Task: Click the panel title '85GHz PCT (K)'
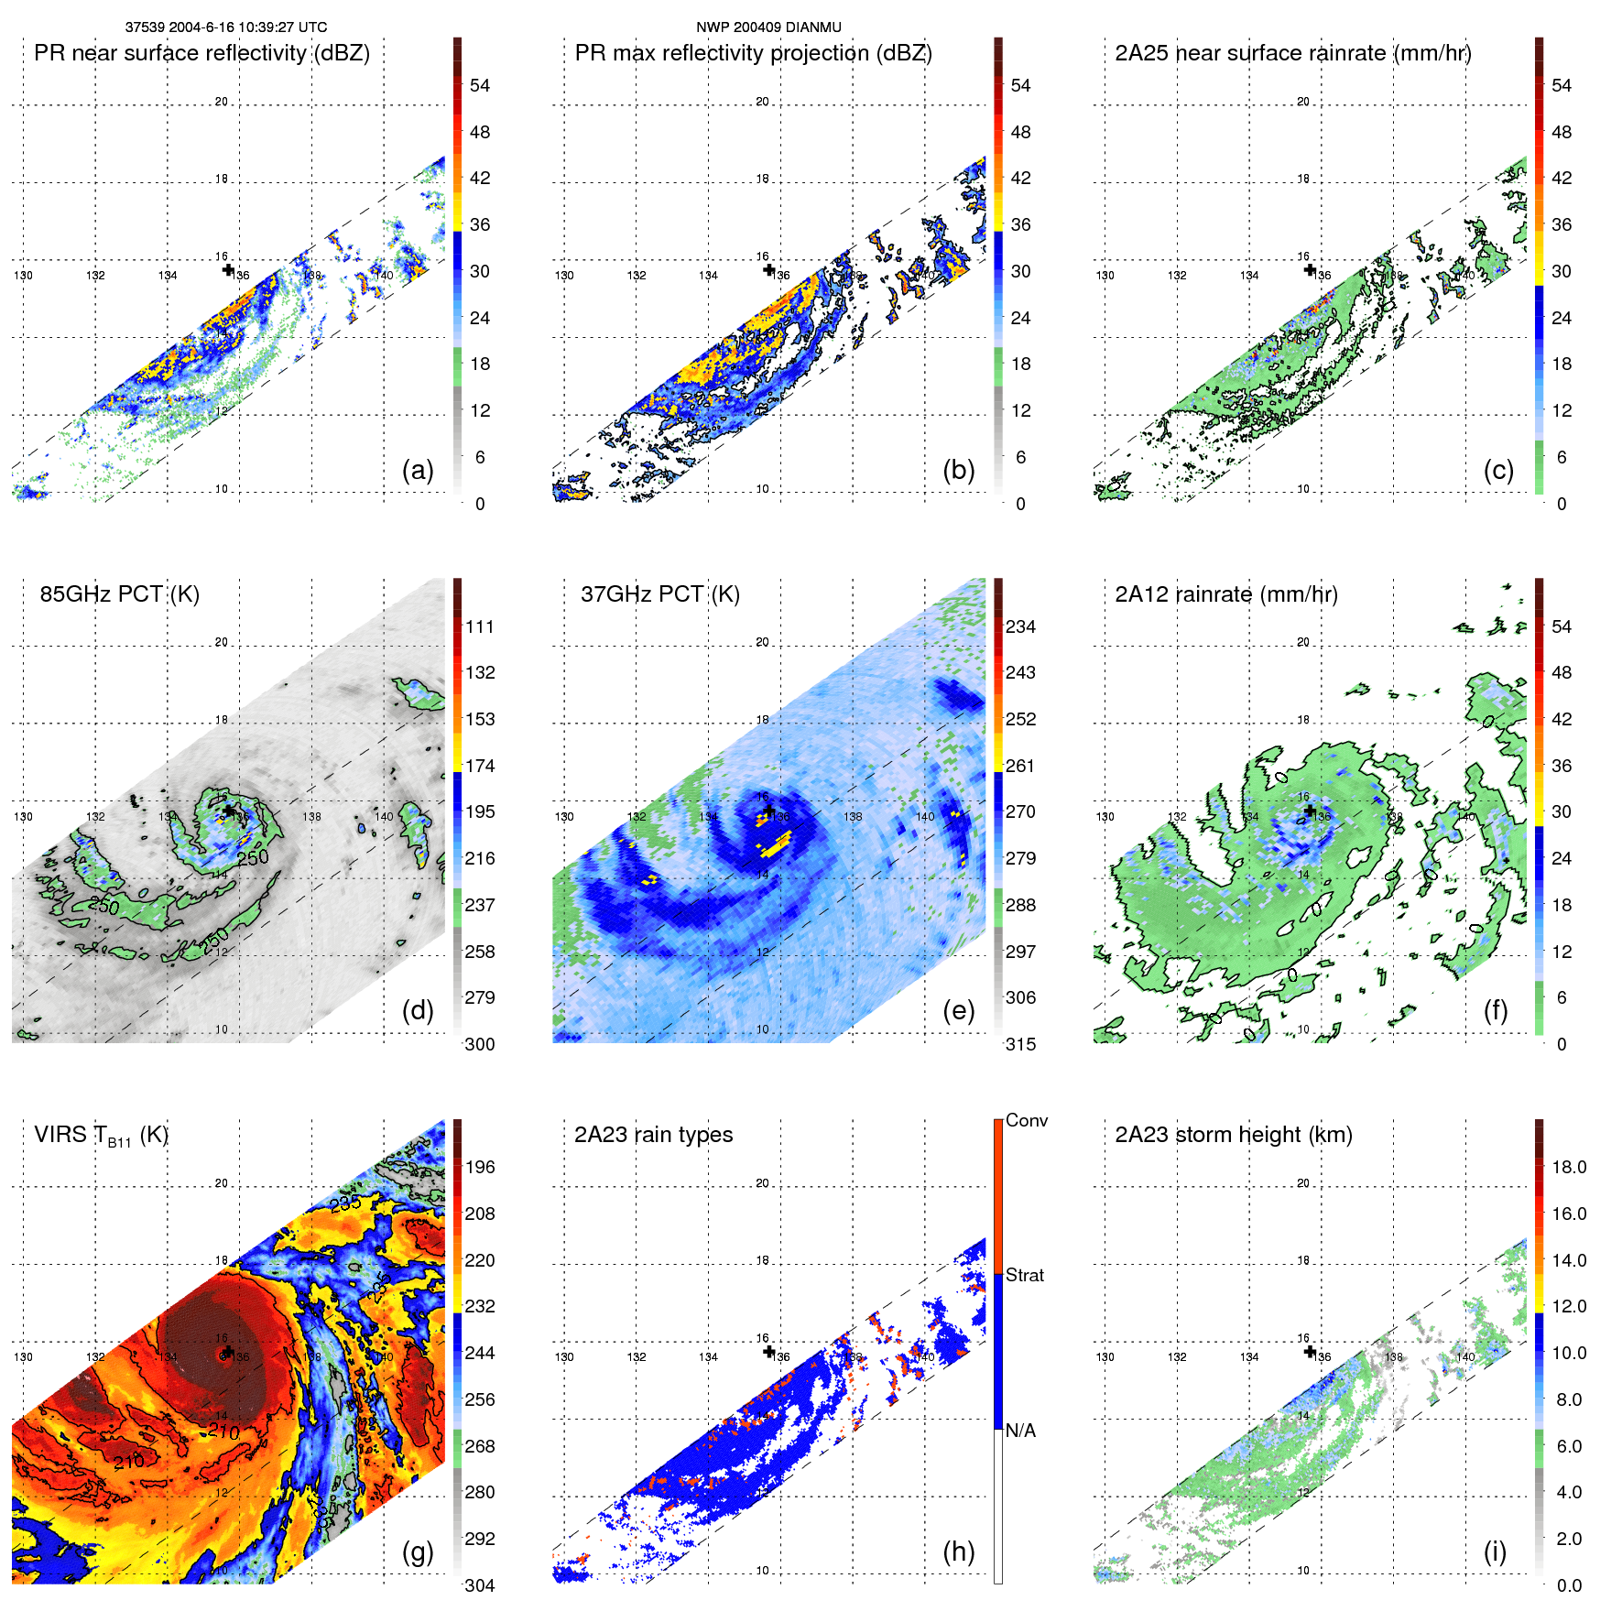(x=119, y=593)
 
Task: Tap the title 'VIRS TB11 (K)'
(x=101, y=1135)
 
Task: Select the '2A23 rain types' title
(x=653, y=1135)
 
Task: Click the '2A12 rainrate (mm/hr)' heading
(x=1225, y=593)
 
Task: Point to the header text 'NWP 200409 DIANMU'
(x=768, y=27)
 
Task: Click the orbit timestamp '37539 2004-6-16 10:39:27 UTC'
(x=226, y=27)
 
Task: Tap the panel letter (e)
(x=958, y=1010)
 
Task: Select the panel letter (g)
(x=418, y=1551)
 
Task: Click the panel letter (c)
(x=1498, y=470)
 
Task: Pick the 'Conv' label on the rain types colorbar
(x=1027, y=1120)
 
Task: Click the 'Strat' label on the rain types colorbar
(x=1024, y=1275)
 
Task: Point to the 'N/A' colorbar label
(x=1020, y=1431)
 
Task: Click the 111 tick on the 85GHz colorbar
(x=480, y=627)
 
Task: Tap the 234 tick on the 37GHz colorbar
(x=1020, y=627)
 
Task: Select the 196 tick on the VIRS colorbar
(x=480, y=1168)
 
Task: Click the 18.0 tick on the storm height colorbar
(x=1569, y=1168)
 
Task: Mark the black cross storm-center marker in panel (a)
(x=228, y=269)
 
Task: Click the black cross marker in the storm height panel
(x=1310, y=1352)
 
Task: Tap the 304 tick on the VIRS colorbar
(x=480, y=1585)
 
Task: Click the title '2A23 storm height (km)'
(x=1233, y=1135)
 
